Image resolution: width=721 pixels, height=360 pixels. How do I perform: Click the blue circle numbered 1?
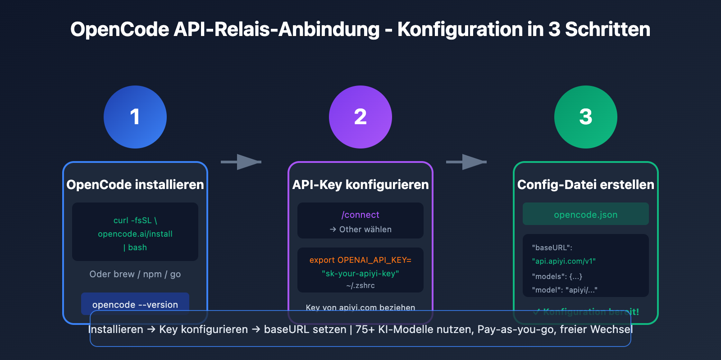coord(135,117)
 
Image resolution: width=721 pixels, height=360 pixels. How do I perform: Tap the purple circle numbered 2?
coord(360,117)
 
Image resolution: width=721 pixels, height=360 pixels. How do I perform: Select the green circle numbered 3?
coord(586,117)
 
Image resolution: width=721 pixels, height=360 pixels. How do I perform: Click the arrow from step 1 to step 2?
coord(242,162)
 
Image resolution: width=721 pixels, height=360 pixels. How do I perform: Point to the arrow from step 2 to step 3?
coord(467,162)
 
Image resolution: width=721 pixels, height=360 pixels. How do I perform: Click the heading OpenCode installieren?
coord(135,184)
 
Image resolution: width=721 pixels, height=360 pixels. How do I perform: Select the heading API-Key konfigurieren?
coord(360,184)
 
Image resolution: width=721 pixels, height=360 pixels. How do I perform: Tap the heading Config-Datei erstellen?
coord(586,184)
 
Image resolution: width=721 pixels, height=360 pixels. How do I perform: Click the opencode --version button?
coord(135,304)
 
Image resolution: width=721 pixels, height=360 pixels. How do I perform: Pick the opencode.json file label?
coord(586,214)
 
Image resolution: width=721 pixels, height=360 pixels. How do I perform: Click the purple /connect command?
coord(360,215)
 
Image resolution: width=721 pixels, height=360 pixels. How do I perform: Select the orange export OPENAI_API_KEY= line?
coord(360,260)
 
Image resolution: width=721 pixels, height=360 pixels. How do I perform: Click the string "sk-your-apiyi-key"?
coord(360,274)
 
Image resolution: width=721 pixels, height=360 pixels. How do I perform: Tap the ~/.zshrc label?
coord(360,286)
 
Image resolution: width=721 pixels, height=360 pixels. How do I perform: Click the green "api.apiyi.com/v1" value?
coord(564,261)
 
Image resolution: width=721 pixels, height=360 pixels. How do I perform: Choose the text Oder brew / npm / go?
coord(135,274)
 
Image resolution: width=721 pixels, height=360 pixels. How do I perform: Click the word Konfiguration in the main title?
coord(460,30)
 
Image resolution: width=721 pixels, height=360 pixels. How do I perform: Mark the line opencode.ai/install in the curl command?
coord(135,234)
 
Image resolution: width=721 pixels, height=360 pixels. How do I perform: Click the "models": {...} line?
coord(557,276)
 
